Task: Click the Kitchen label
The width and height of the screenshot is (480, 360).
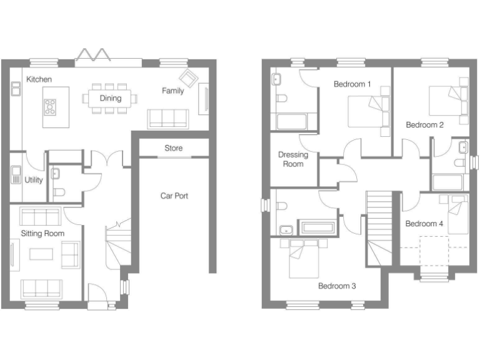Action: point(39,79)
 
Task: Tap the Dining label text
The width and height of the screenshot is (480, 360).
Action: point(111,98)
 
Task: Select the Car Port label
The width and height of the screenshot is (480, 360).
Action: point(174,196)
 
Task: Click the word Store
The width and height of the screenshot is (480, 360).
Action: point(174,148)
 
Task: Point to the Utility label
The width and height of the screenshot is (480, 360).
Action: point(34,180)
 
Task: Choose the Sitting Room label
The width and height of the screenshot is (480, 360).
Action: point(42,233)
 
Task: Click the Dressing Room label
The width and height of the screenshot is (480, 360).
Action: point(293,159)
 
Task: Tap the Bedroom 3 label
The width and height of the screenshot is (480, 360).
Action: point(337,286)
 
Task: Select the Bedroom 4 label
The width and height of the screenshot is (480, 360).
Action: point(424,224)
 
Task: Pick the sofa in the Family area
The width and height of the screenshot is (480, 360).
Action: point(168,118)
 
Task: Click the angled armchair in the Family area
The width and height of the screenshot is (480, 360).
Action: point(188,78)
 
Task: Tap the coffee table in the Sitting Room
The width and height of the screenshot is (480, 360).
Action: point(42,254)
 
